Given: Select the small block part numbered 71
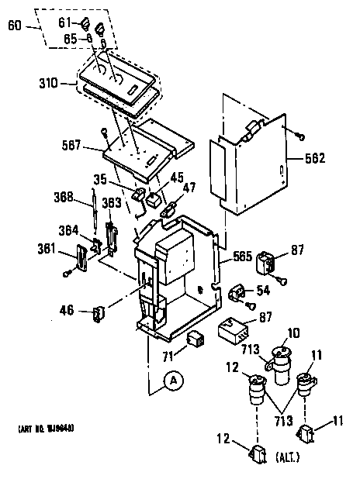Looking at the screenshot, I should tap(196, 339).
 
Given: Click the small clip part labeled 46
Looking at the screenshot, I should tap(98, 313).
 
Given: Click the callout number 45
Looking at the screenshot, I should tap(176, 177).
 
